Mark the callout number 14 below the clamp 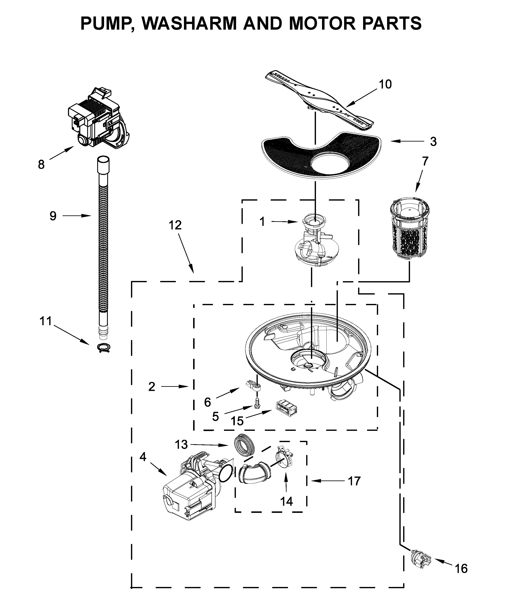pos(286,501)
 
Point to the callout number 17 pos(354,481)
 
